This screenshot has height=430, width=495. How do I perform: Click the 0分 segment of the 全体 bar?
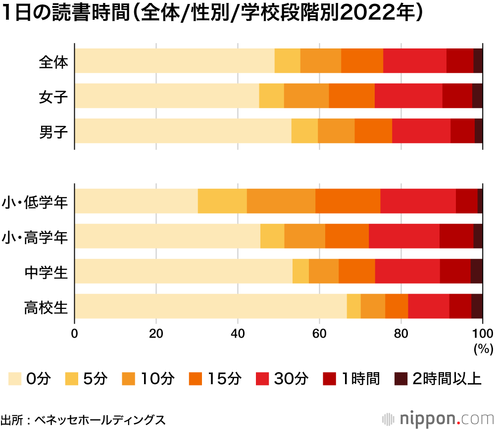coord(174,61)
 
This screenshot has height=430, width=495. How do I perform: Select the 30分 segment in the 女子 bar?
coord(408,96)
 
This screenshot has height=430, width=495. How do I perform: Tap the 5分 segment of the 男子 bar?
coord(304,131)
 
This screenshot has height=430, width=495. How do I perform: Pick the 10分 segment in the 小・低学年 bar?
coord(281,201)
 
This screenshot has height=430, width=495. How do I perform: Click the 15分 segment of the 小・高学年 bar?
coord(347,236)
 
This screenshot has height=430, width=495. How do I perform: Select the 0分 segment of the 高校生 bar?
coord(210,306)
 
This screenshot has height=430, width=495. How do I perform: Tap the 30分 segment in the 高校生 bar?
coord(429,306)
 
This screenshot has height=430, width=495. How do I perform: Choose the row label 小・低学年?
coord(35,202)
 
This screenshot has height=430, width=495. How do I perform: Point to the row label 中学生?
coord(46,272)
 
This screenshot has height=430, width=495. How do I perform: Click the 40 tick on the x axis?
coord(238,333)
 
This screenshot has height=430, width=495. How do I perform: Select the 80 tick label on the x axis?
coord(401,333)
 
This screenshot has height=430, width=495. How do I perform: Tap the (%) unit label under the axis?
coord(481,349)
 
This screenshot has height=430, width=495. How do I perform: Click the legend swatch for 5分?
coord(73,380)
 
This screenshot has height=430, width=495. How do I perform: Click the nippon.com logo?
coord(438,419)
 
